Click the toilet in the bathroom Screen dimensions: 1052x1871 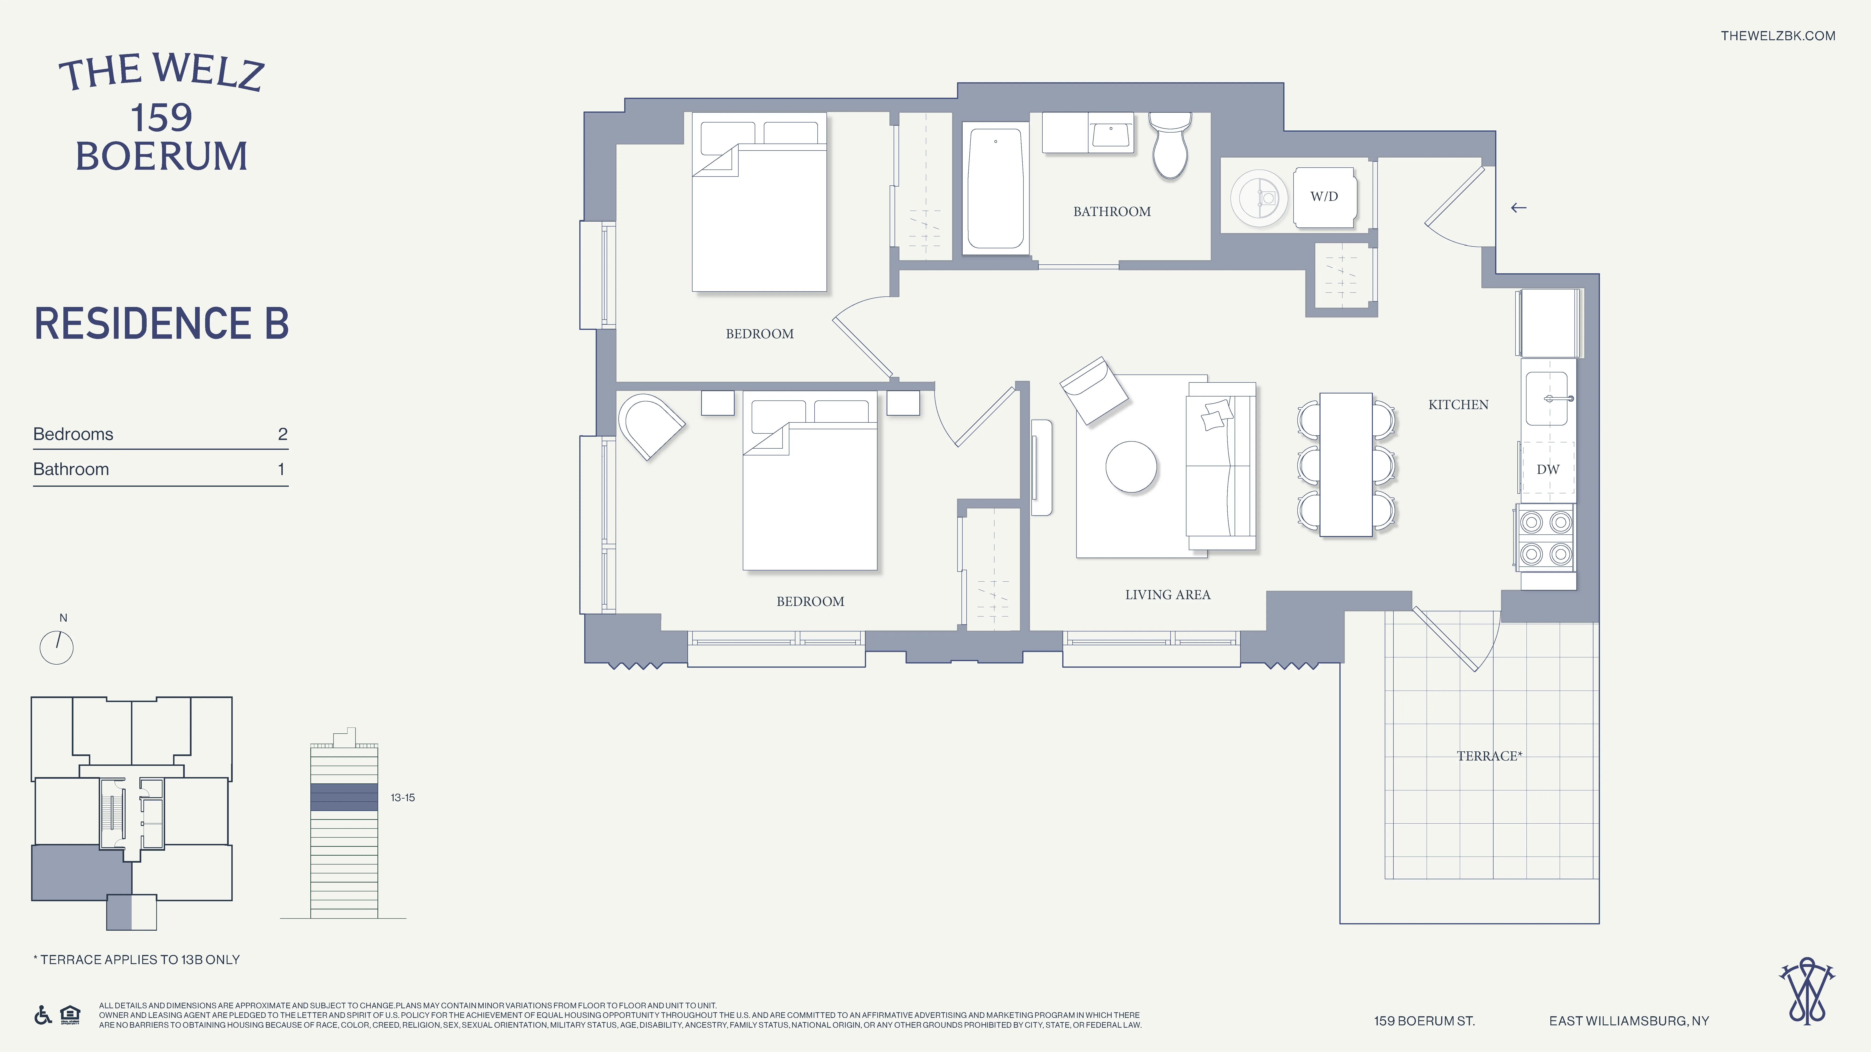tap(1169, 147)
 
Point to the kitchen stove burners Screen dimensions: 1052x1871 tap(1546, 538)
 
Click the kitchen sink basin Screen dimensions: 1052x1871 tap(1546, 399)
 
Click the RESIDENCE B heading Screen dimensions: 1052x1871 tap(161, 324)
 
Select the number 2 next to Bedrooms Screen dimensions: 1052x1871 tap(283, 434)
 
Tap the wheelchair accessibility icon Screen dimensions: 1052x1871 tap(43, 1015)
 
